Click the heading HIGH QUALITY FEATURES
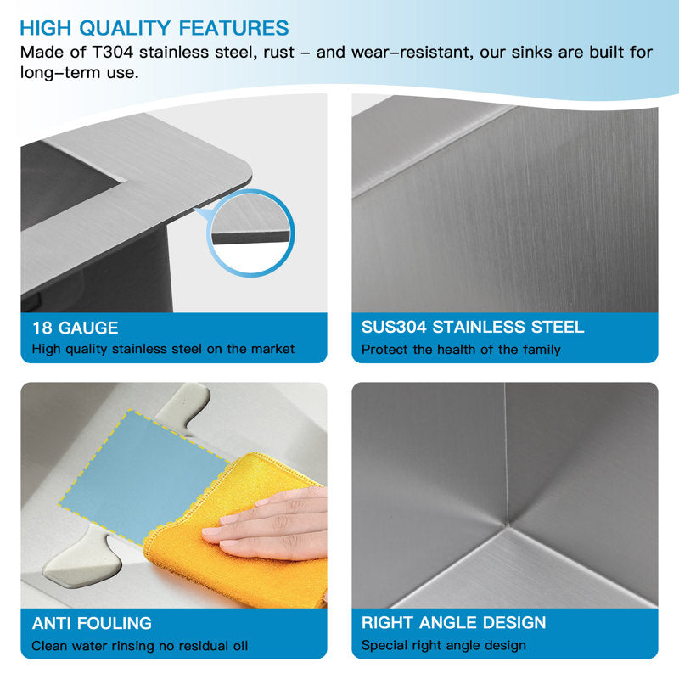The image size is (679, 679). (154, 28)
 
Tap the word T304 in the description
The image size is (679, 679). (113, 53)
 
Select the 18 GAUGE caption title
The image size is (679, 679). (76, 328)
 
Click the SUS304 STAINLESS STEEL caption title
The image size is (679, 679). (473, 327)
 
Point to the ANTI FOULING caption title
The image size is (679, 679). (92, 623)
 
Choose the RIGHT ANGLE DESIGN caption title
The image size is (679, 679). (453, 623)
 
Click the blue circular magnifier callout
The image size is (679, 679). (250, 233)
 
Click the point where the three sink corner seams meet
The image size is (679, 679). (505, 526)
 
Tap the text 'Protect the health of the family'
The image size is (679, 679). (461, 350)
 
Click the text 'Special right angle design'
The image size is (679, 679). (443, 645)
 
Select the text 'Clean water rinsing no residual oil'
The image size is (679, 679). (140, 646)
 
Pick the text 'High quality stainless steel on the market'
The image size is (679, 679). (163, 349)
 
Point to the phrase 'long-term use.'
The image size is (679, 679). (80, 72)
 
